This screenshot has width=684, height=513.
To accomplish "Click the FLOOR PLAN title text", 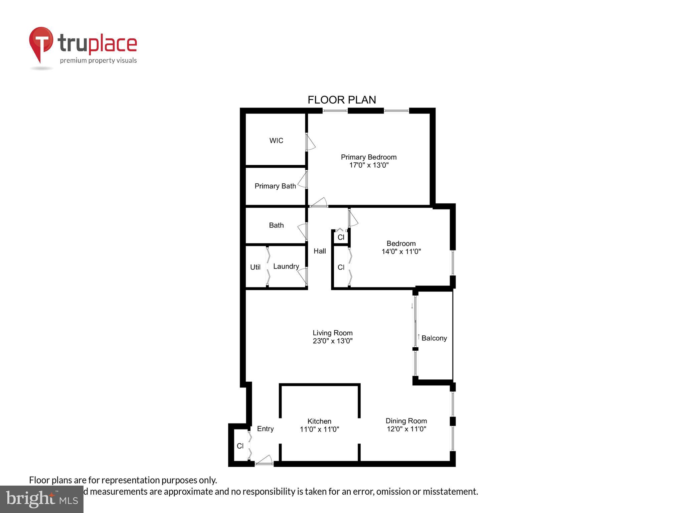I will click(342, 100).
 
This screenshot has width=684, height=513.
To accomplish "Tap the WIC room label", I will click(276, 141).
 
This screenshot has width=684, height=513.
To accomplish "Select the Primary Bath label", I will click(275, 186).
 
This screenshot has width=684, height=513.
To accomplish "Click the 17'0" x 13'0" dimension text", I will click(369, 165).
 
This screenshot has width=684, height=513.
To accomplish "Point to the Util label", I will click(255, 267).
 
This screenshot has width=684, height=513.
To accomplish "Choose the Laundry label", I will click(286, 266).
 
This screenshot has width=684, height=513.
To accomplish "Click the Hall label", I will click(320, 251).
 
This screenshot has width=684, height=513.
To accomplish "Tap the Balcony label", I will click(434, 338).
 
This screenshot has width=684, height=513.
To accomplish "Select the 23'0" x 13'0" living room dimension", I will click(332, 341).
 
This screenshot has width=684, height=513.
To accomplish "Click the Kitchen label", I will click(319, 421).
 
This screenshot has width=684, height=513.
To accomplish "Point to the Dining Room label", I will click(406, 421).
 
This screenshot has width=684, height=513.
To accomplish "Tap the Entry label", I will click(265, 429).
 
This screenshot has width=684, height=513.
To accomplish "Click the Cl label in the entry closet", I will click(240, 446).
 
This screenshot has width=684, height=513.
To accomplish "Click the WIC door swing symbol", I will click(311, 142).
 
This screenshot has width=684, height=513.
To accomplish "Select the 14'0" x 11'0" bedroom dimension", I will click(401, 251).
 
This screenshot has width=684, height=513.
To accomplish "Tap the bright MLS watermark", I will click(42, 499).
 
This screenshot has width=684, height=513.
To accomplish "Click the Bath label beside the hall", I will click(276, 225).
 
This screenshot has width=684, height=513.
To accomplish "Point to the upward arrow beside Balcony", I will click(418, 336).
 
